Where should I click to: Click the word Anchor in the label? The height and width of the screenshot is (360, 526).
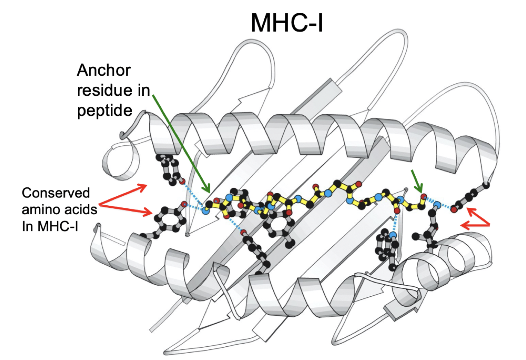(x=103, y=70)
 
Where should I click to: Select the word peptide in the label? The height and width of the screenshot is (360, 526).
(x=104, y=110)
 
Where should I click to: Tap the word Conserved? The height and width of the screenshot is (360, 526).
(x=56, y=193)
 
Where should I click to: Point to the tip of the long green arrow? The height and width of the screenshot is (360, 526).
(x=209, y=191)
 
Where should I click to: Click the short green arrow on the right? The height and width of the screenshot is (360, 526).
(x=417, y=181)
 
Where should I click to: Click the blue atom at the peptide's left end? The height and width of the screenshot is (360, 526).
(x=206, y=210)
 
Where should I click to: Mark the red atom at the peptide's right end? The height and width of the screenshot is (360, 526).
(x=423, y=197)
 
